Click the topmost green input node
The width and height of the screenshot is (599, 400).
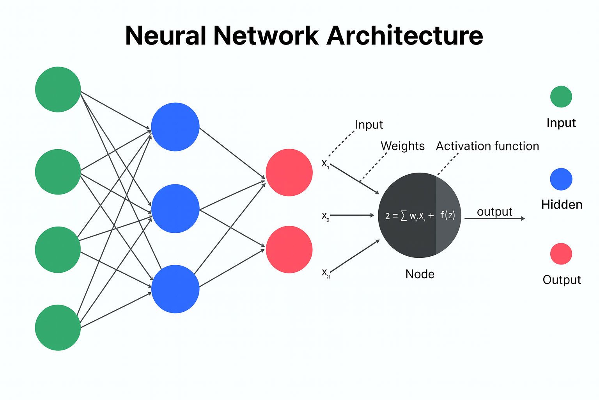click(58, 89)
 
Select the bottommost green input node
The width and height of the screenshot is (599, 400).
click(58, 327)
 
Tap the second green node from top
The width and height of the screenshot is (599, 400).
click(58, 172)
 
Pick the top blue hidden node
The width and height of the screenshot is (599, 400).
click(175, 127)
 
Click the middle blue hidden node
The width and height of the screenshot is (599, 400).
click(175, 209)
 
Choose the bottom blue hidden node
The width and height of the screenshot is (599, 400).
click(175, 289)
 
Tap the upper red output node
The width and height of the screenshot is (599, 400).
click(289, 172)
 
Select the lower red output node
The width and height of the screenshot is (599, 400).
click(289, 249)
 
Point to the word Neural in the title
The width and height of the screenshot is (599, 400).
click(165, 36)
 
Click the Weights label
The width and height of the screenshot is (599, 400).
click(402, 146)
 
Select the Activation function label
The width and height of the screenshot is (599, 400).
click(487, 146)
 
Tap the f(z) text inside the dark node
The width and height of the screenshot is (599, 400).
click(447, 215)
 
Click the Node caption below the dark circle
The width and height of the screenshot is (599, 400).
click(420, 274)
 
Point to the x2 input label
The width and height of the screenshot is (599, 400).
click(325, 216)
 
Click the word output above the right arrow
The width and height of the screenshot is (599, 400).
click(494, 212)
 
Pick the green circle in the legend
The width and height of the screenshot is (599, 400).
click(561, 96)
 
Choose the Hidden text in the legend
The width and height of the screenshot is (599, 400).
click(562, 204)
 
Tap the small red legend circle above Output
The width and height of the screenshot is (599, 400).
click(561, 254)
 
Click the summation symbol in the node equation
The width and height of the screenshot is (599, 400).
click(404, 215)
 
